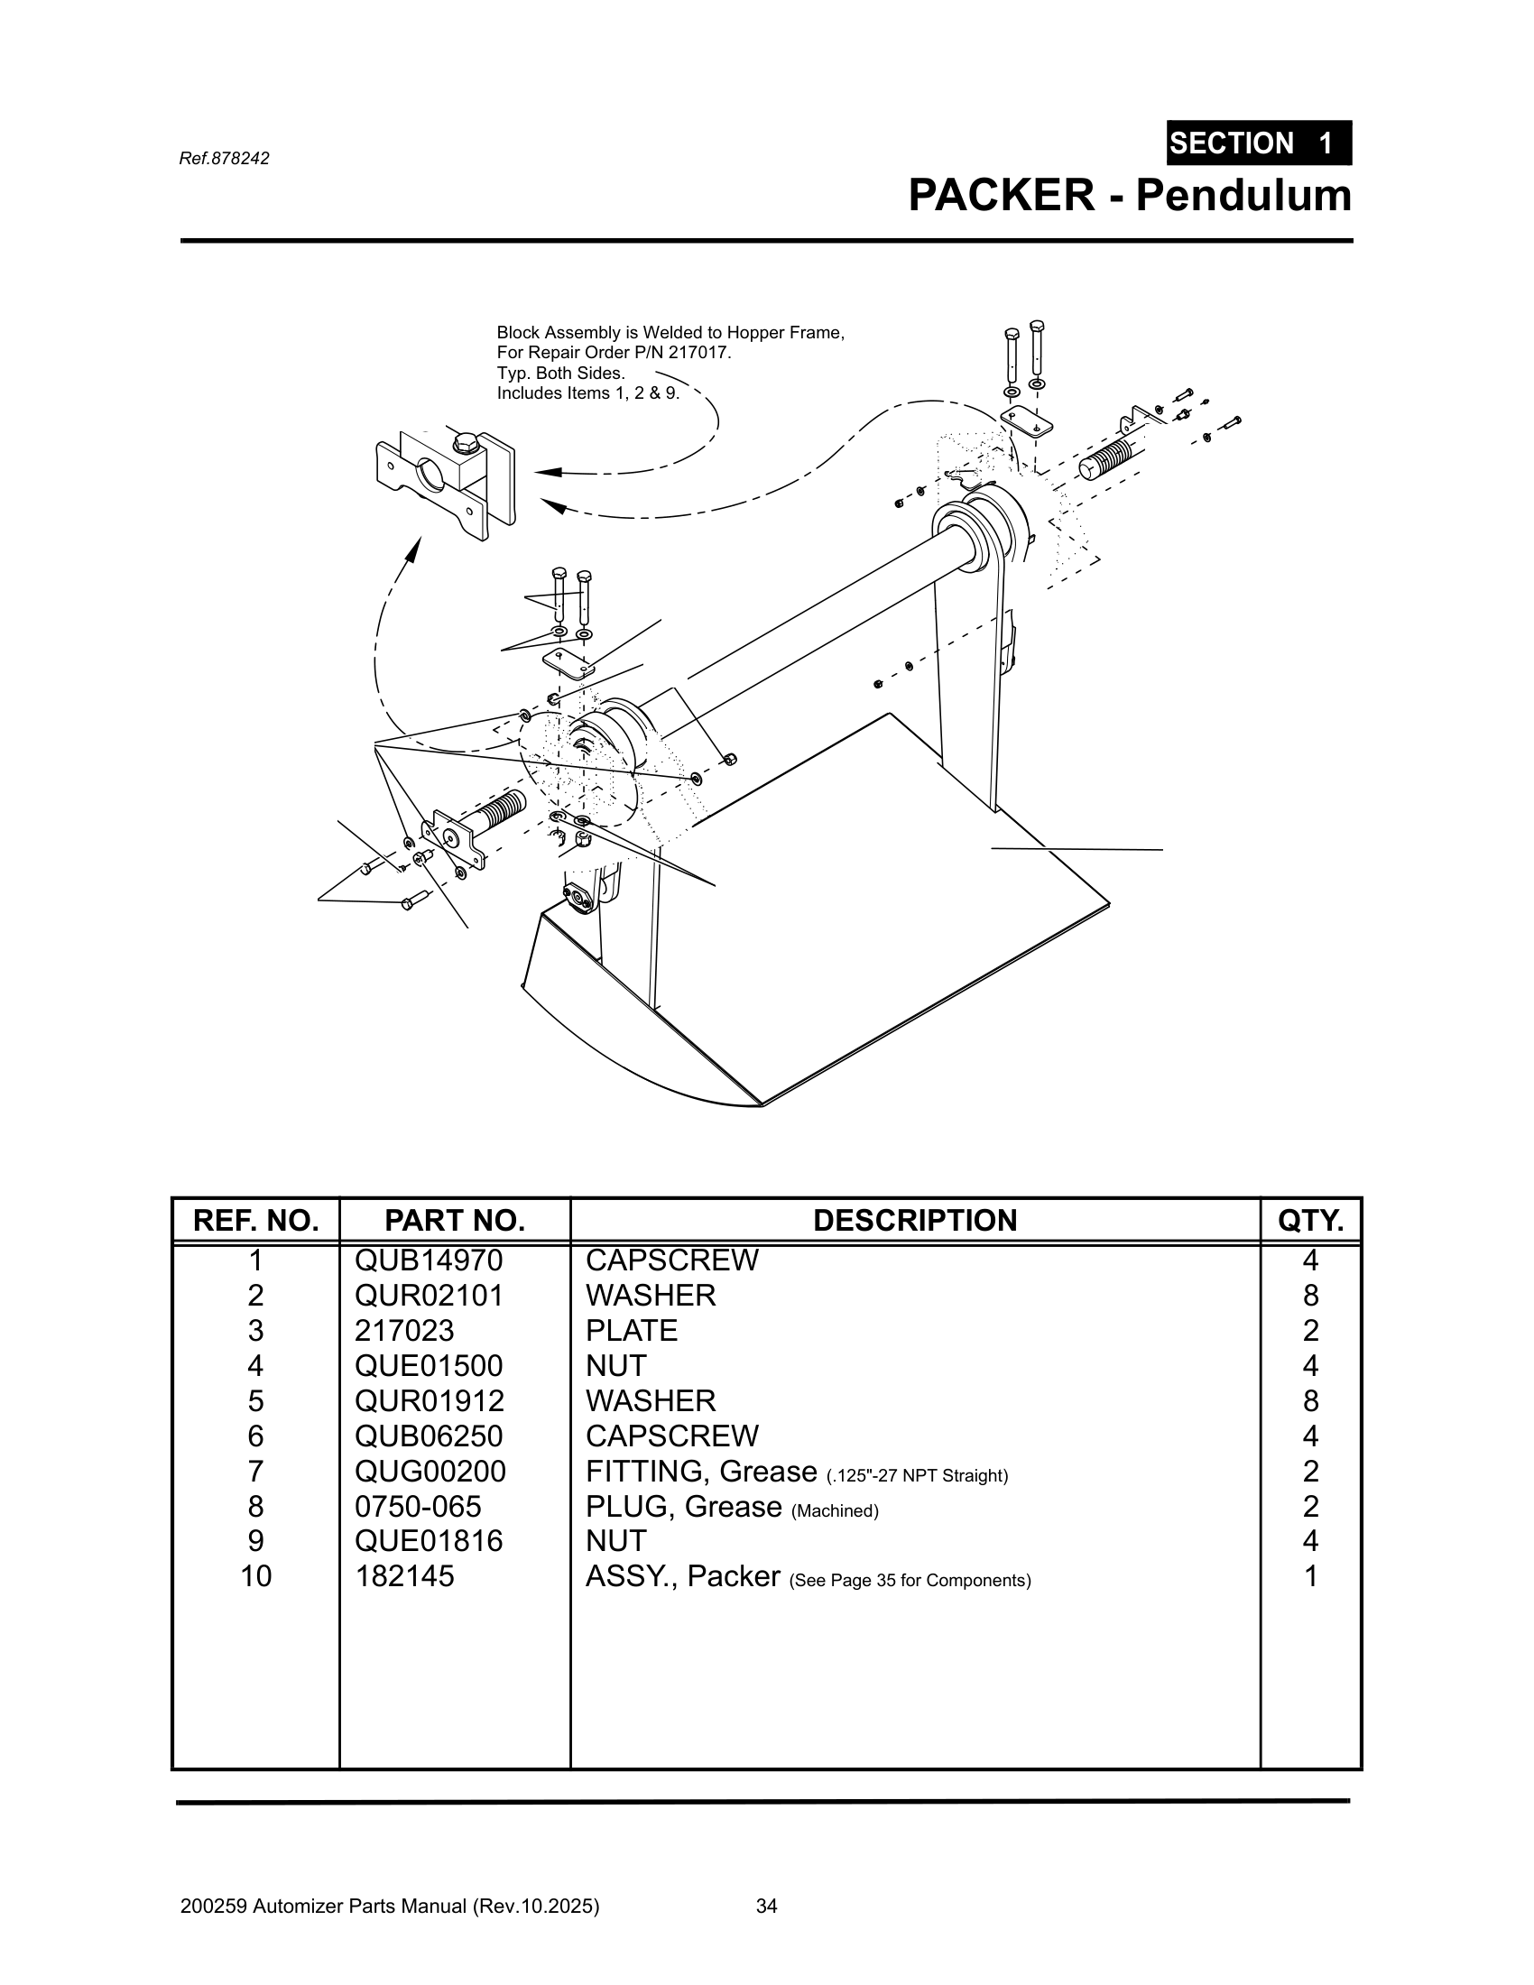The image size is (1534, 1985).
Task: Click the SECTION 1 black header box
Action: [x=1259, y=143]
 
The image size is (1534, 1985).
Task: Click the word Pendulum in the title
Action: [x=1243, y=196]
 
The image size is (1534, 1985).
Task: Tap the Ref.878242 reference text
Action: [x=225, y=158]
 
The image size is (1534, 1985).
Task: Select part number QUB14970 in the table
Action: [x=429, y=1260]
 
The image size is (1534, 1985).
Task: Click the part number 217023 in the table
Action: [x=404, y=1331]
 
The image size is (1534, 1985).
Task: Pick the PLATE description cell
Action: [x=632, y=1331]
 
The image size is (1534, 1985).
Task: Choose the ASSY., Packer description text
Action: [x=682, y=1576]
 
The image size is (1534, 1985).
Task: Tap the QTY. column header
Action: [x=1309, y=1220]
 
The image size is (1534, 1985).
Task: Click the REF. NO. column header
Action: [x=255, y=1220]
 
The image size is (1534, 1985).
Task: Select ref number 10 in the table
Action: [x=255, y=1576]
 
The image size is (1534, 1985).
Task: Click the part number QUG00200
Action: [x=430, y=1471]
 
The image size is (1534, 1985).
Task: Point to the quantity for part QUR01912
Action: [x=1309, y=1400]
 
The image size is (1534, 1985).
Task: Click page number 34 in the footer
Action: [x=766, y=1907]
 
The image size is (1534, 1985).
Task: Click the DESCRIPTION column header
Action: [x=914, y=1220]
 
